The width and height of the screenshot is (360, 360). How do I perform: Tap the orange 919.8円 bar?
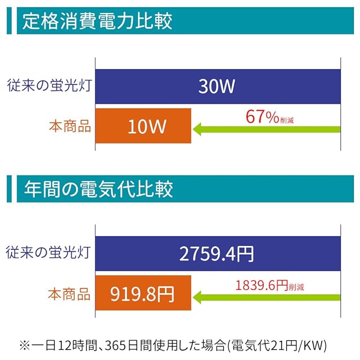pyautogui.click(x=143, y=293)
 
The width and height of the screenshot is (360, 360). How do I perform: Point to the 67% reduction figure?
pyautogui.click(x=262, y=117)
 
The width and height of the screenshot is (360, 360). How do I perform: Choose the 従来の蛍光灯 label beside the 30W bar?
pyautogui.click(x=49, y=87)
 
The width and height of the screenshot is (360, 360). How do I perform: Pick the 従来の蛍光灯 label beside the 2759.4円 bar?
pyautogui.click(x=49, y=253)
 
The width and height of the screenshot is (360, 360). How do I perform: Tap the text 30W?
pyautogui.click(x=217, y=87)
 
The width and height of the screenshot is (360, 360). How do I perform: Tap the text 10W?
pyautogui.click(x=147, y=126)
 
